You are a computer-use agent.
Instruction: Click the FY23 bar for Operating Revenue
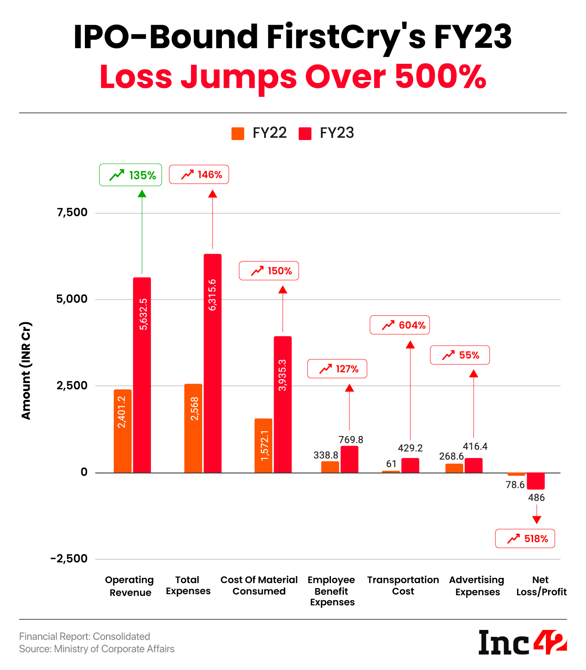click(x=142, y=375)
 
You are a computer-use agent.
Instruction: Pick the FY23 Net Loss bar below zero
click(x=536, y=481)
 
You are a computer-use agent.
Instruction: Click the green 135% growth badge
click(x=131, y=175)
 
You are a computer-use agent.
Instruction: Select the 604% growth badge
click(x=399, y=325)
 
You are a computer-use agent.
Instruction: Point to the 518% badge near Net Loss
click(x=525, y=539)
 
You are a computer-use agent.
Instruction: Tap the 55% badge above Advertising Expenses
click(x=460, y=355)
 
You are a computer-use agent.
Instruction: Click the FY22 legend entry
click(x=259, y=133)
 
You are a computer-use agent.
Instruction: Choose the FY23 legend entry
click(x=327, y=133)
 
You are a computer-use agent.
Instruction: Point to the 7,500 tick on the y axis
click(x=72, y=212)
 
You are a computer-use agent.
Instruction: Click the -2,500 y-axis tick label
click(x=69, y=559)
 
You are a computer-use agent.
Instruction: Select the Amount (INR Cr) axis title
click(x=26, y=371)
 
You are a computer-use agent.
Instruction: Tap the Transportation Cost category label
click(x=403, y=586)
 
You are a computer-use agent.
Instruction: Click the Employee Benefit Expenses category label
click(x=331, y=591)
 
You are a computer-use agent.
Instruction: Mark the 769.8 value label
click(x=351, y=440)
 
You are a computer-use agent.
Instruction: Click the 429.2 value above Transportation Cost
click(x=410, y=448)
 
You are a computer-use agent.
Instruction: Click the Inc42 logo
click(x=522, y=642)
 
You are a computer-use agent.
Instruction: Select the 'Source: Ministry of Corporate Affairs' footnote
click(x=97, y=649)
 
